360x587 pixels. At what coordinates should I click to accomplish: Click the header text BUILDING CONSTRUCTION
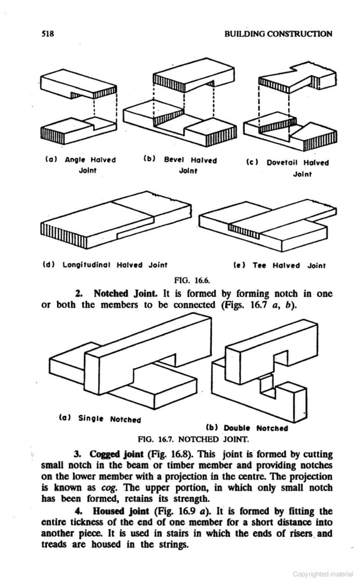pyautogui.click(x=278, y=34)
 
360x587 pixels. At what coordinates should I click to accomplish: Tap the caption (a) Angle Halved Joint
pyautogui.click(x=80, y=165)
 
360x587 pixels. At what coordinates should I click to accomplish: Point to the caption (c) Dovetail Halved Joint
pyautogui.click(x=288, y=168)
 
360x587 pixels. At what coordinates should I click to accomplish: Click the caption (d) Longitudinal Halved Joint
pyautogui.click(x=105, y=264)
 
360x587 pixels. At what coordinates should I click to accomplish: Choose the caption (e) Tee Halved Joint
pyautogui.click(x=279, y=265)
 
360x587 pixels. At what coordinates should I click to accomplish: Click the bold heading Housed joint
pyautogui.click(x=116, y=512)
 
